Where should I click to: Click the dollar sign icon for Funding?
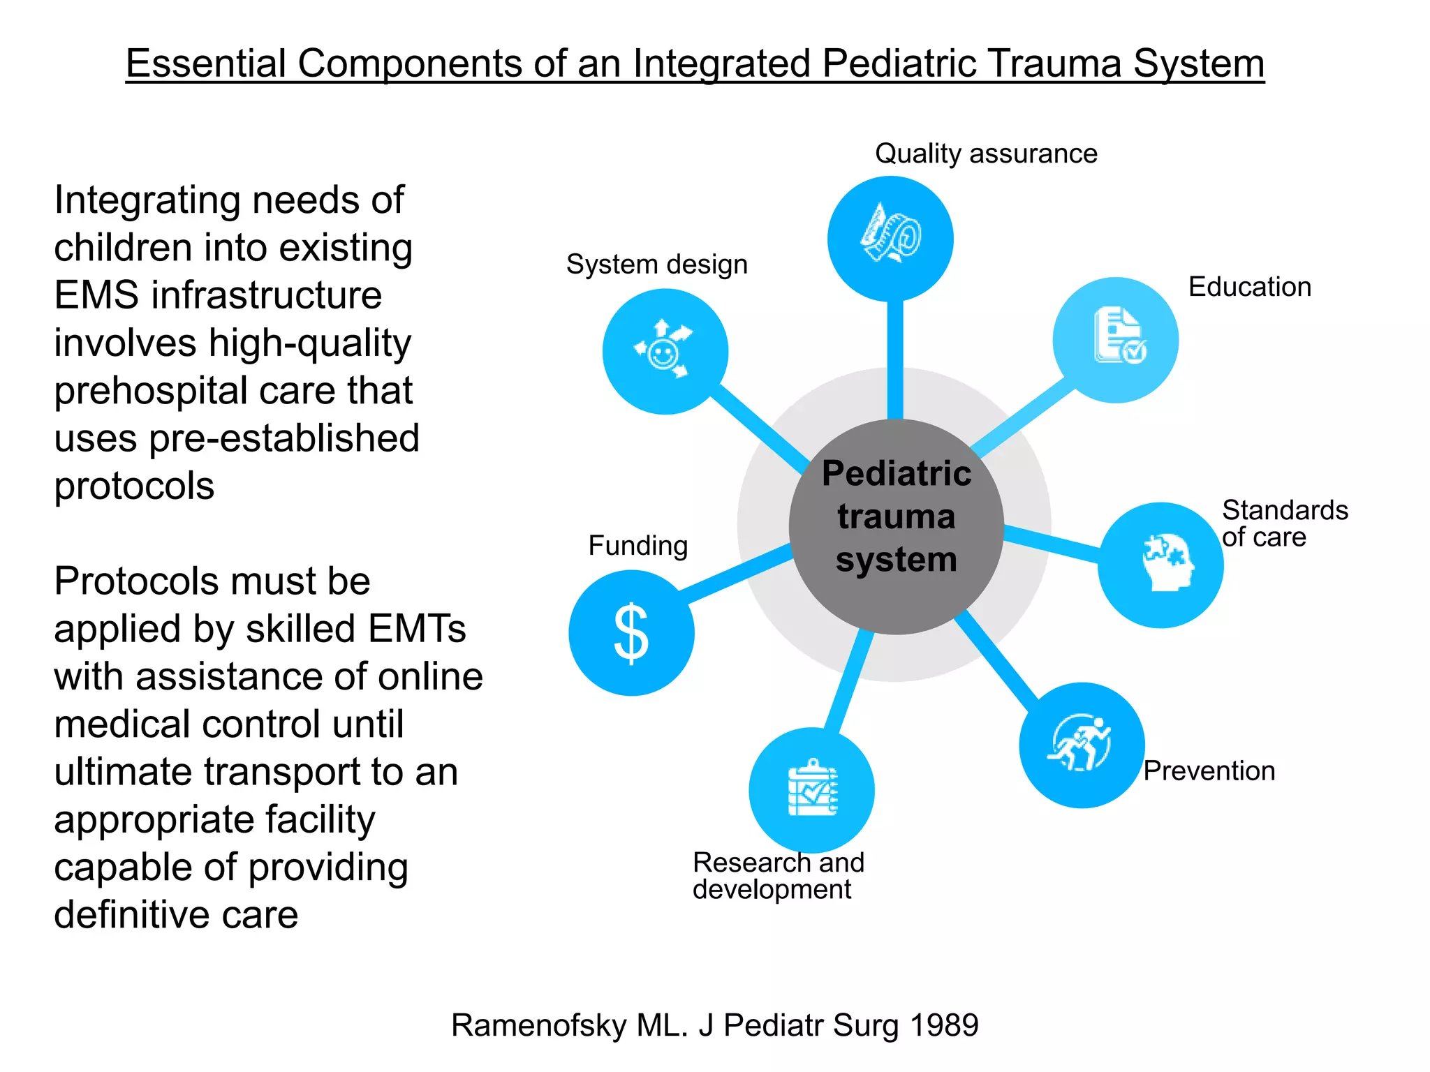(631, 633)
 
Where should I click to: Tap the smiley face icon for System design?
(664, 351)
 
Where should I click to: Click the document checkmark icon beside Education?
(1118, 336)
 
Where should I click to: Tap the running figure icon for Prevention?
(1080, 744)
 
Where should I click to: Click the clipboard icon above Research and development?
(812, 789)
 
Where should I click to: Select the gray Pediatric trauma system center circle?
(897, 527)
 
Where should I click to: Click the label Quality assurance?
(985, 154)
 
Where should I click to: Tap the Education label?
(1249, 287)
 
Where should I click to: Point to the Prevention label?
(1209, 771)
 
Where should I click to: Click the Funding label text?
(637, 546)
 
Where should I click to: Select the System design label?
(656, 265)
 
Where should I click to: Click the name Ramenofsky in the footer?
(538, 1025)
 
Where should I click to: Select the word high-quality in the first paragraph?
(309, 343)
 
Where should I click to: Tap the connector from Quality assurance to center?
(894, 359)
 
